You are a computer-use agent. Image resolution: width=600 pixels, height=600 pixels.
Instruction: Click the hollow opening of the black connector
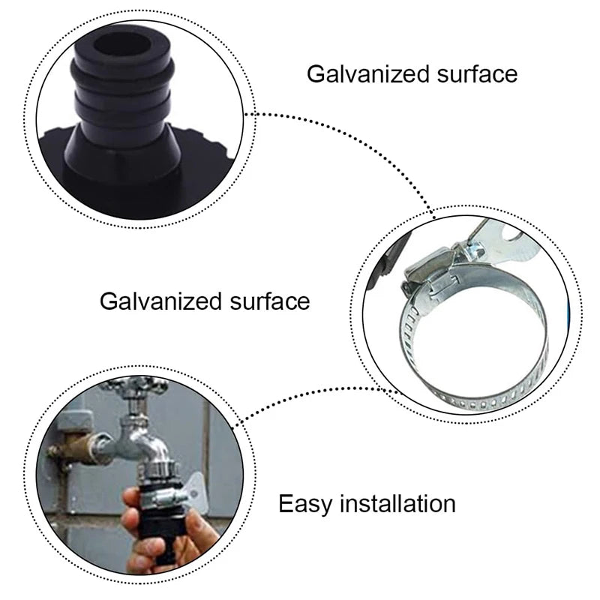121,48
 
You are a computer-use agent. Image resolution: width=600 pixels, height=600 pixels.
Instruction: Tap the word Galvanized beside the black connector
367,73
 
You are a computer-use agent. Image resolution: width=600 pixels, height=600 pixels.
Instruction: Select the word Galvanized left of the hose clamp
160,301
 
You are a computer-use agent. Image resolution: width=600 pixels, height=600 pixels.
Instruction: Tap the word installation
398,503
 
